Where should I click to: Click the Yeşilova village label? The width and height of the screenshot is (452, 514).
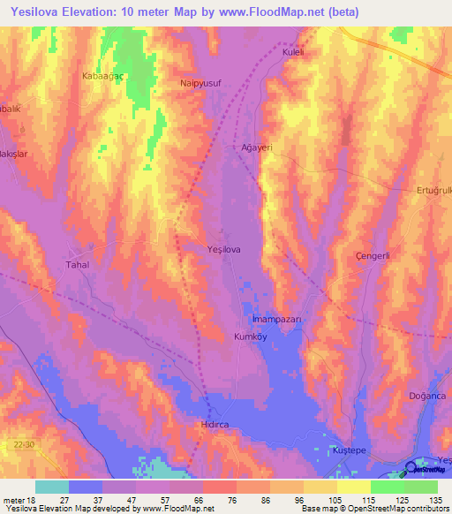coord(223,250)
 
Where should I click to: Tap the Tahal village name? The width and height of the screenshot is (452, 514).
coord(79,265)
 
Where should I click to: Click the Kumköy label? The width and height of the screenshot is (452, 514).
coord(250,336)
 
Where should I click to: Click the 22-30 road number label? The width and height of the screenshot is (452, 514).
coord(25,445)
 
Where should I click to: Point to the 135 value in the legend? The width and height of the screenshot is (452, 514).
coord(434,499)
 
